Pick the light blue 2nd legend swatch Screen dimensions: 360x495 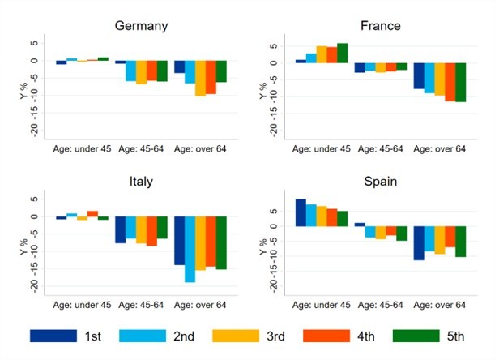(x=141, y=336)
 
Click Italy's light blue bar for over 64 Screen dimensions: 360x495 (x=190, y=249)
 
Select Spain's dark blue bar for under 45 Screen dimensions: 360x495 (x=301, y=212)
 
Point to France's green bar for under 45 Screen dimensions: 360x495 (x=342, y=53)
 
